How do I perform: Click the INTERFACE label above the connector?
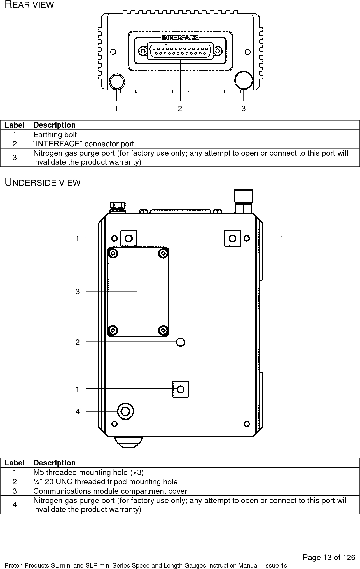[x=181, y=37]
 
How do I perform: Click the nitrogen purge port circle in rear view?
[x=244, y=80]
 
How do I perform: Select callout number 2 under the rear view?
[x=180, y=109]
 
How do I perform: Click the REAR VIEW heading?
[x=29, y=5]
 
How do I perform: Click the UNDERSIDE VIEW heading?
[x=43, y=183]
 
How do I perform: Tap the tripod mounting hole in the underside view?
[x=181, y=342]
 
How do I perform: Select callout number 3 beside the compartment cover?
[x=78, y=292]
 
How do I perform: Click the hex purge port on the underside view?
[x=125, y=411]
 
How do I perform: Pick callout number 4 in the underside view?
[x=78, y=412]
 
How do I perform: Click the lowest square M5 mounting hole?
[x=180, y=389]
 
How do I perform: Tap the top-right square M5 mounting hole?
[x=232, y=238]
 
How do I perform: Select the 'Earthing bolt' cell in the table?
[x=55, y=135]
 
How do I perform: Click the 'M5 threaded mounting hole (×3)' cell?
[x=88, y=472]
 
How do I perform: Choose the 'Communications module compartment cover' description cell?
[x=110, y=491]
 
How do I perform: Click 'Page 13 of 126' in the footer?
[x=329, y=558]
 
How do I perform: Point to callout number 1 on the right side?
[x=282, y=238]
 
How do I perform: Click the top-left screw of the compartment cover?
[x=113, y=254]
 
